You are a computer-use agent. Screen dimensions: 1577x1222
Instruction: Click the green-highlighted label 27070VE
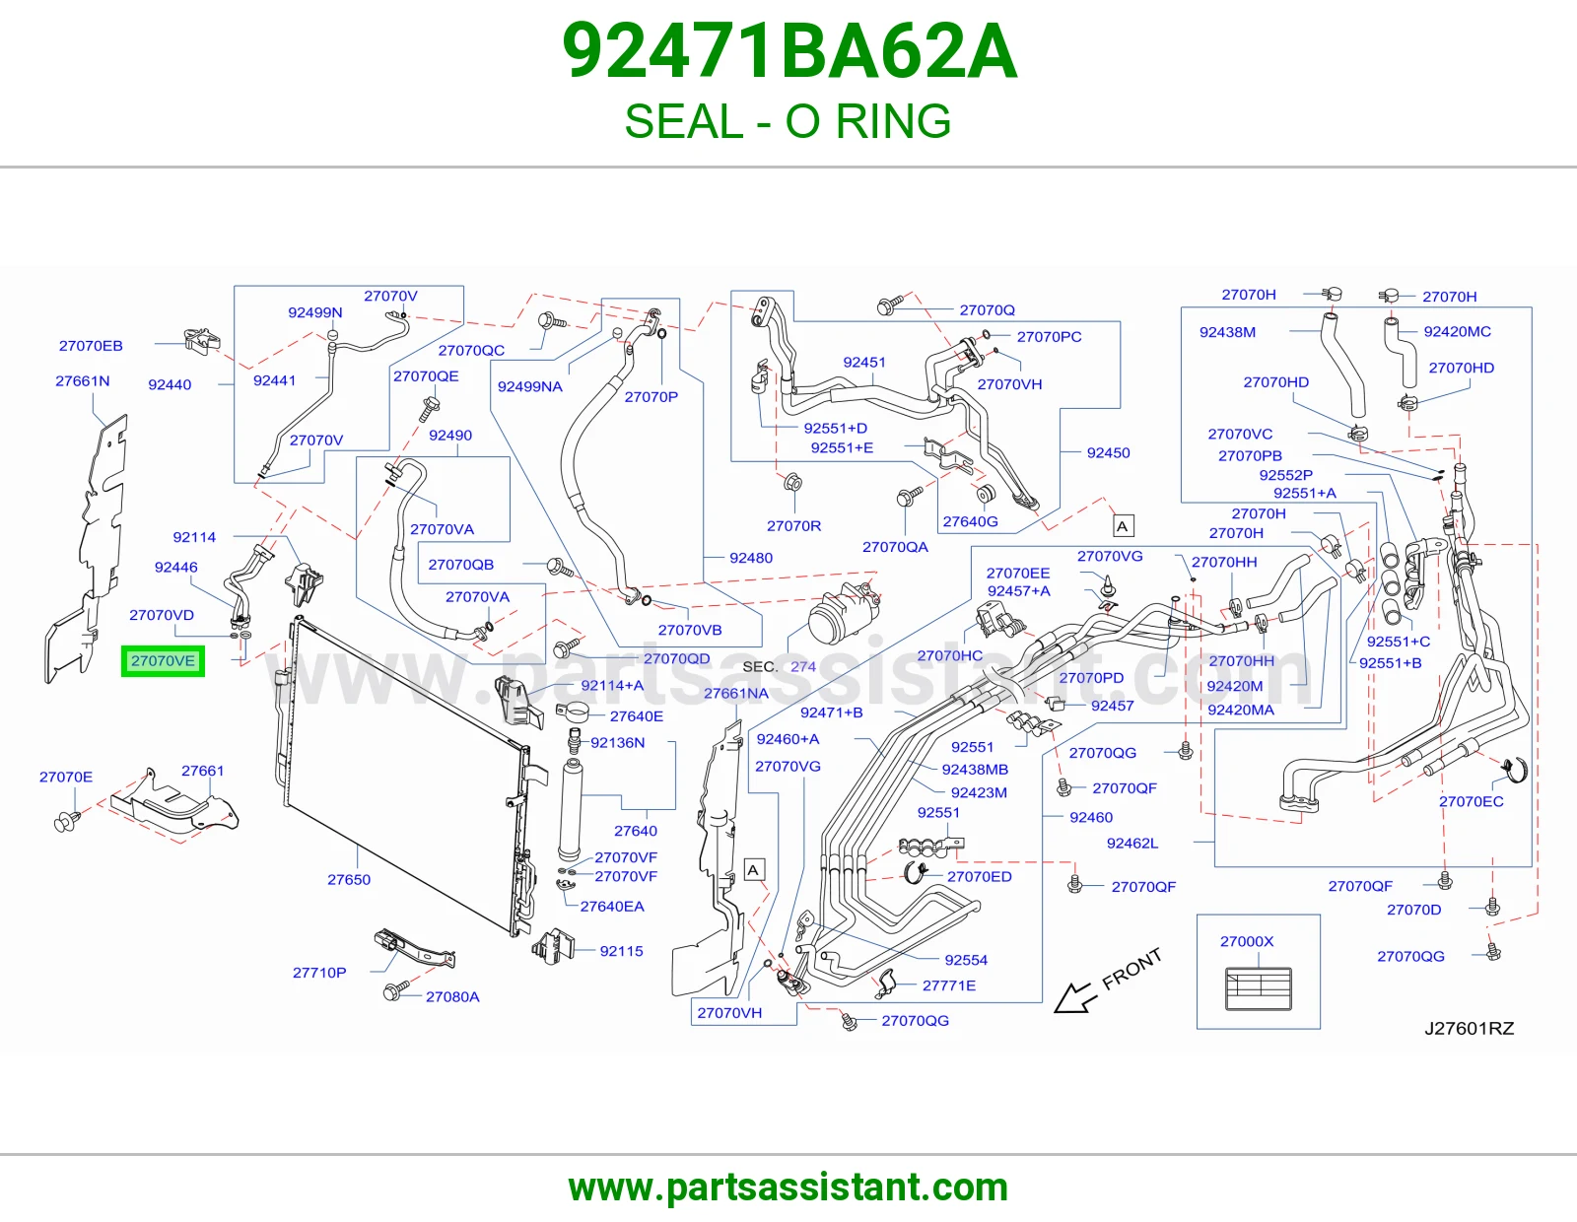pyautogui.click(x=163, y=661)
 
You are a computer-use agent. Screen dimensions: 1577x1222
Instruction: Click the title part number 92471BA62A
pyautogui.click(x=788, y=51)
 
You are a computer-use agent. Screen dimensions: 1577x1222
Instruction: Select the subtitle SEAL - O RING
pyautogui.click(x=788, y=121)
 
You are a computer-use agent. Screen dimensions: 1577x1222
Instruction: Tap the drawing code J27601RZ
pyautogui.click(x=1469, y=1028)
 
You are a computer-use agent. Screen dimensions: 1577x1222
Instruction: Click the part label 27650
pyautogui.click(x=348, y=879)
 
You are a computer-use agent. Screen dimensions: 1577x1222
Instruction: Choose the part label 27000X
pyautogui.click(x=1247, y=941)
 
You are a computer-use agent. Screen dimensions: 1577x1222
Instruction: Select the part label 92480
pyautogui.click(x=751, y=558)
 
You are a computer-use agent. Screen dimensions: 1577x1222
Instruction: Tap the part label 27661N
pyautogui.click(x=83, y=381)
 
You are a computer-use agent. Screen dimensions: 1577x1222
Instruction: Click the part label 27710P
pyautogui.click(x=319, y=973)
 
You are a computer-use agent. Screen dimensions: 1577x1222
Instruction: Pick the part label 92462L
pyautogui.click(x=1132, y=844)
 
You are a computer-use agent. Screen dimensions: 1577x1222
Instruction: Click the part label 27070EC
pyautogui.click(x=1471, y=801)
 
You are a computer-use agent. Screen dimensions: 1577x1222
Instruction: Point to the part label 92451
pyautogui.click(x=863, y=362)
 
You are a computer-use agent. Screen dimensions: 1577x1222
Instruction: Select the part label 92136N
pyautogui.click(x=618, y=742)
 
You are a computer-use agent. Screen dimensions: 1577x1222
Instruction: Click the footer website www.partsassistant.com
pyautogui.click(x=788, y=1188)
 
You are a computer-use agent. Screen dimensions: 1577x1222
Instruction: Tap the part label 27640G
pyautogui.click(x=970, y=521)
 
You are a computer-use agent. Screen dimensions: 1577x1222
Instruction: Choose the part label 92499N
pyautogui.click(x=315, y=312)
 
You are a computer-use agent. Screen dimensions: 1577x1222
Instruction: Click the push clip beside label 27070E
pyautogui.click(x=67, y=820)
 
